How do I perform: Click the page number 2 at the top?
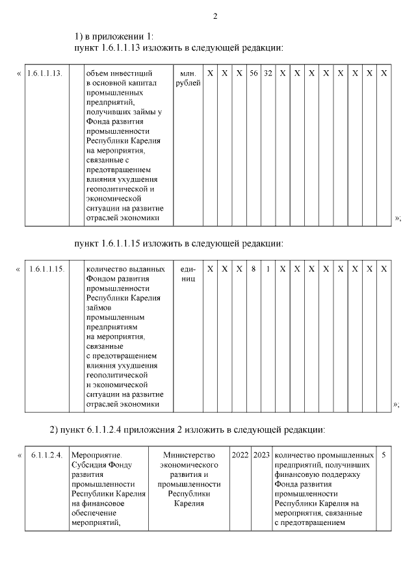pos(214,16)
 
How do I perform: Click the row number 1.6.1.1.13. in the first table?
pos(45,73)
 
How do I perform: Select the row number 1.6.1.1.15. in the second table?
pos(47,268)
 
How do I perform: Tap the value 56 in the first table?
pos(253,73)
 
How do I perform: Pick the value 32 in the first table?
pos(268,73)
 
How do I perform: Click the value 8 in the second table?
pos(253,268)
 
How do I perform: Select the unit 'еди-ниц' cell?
pos(188,273)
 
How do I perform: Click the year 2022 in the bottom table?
pos(240,455)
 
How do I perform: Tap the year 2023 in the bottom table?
pos(261,455)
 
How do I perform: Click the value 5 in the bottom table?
pos(383,455)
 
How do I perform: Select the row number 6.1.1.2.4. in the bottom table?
pos(47,455)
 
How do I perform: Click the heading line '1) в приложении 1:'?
pos(114,37)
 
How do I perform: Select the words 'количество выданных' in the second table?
pos(125,268)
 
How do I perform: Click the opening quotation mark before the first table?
pos(18,73)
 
